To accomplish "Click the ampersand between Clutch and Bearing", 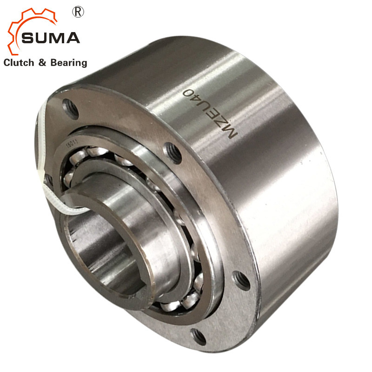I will (42, 62).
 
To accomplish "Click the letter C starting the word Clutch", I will (7, 62).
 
